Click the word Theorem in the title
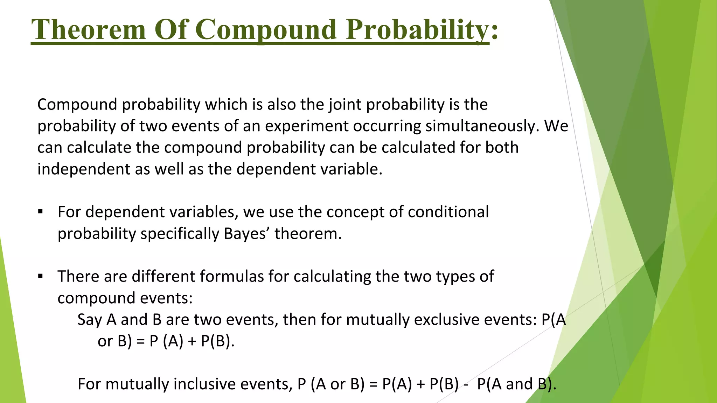point(88,29)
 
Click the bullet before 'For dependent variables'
point(41,212)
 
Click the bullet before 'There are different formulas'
point(41,276)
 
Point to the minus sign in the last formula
point(466,384)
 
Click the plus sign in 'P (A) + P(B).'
point(192,341)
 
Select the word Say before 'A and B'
point(89,320)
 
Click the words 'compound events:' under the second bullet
point(125,298)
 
